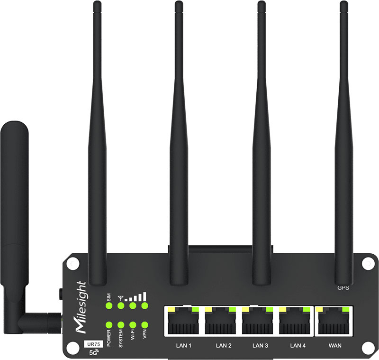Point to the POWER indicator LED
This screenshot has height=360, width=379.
click(x=109, y=325)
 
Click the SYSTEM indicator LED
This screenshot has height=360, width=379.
click(x=121, y=325)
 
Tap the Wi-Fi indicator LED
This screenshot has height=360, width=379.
click(x=133, y=325)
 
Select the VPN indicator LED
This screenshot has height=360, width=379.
click(x=144, y=325)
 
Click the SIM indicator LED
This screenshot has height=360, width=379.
click(x=109, y=306)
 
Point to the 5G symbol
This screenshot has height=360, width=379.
click(x=90, y=352)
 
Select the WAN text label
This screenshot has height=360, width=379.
click(x=334, y=345)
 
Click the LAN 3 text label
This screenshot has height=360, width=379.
click(x=260, y=345)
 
